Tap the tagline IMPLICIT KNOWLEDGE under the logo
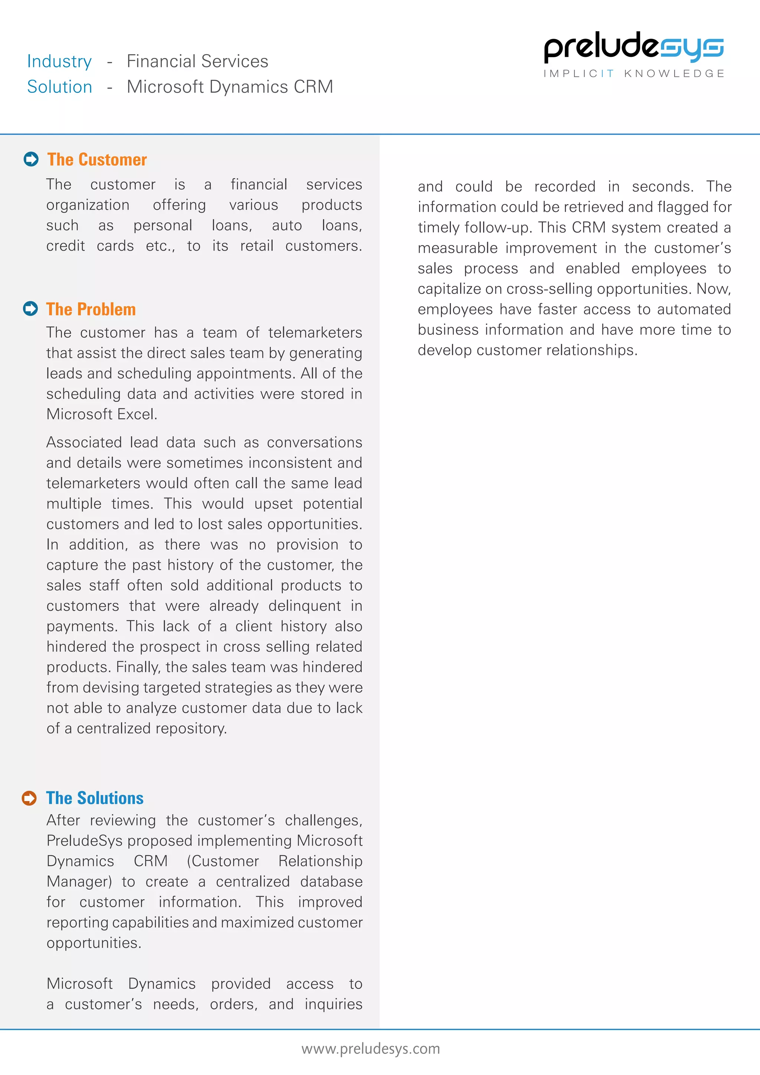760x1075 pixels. click(634, 73)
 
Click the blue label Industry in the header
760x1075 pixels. click(59, 61)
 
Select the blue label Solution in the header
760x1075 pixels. click(59, 87)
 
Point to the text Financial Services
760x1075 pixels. click(197, 61)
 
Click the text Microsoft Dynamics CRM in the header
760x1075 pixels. click(230, 87)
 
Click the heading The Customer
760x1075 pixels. click(97, 160)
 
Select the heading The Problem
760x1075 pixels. click(91, 310)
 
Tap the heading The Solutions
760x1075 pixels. click(95, 798)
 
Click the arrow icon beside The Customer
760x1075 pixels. click(31, 159)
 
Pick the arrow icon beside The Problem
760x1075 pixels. click(30, 308)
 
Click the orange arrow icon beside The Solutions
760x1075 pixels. click(29, 798)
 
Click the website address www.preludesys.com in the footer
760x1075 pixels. click(371, 1049)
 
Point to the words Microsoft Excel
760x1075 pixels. click(102, 414)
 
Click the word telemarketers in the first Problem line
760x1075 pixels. click(315, 333)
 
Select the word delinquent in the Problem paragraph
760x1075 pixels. click(305, 606)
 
